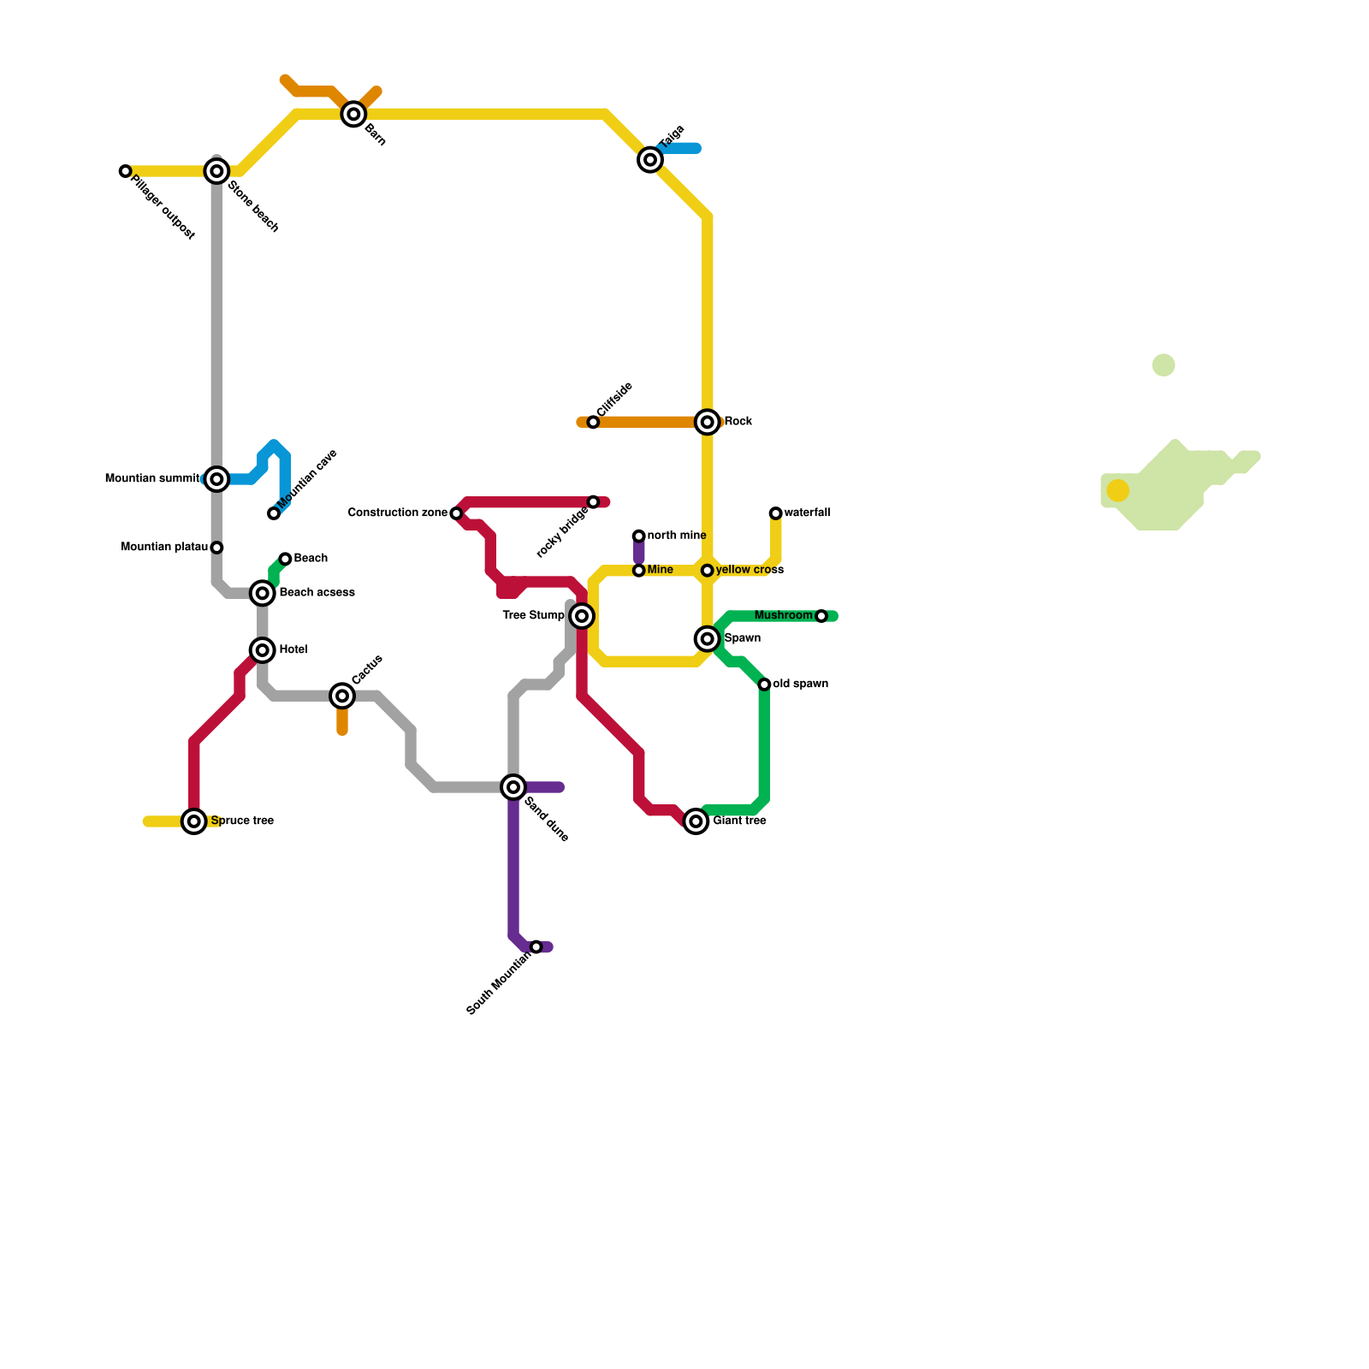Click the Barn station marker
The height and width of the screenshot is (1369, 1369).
click(x=353, y=114)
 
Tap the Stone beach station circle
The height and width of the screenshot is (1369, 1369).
click(x=217, y=171)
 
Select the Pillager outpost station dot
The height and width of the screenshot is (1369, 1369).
click(x=126, y=171)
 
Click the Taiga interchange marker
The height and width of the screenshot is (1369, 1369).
click(x=650, y=160)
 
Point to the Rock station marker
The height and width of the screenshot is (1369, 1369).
click(x=708, y=422)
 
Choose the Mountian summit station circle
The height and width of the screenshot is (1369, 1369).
click(x=217, y=479)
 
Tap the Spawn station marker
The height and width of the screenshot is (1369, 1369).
click(x=708, y=639)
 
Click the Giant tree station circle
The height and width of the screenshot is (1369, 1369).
click(x=696, y=821)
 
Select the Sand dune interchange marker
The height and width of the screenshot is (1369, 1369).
click(x=513, y=787)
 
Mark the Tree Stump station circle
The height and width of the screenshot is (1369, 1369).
click(x=582, y=616)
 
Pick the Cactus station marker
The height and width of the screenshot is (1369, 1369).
click(x=342, y=696)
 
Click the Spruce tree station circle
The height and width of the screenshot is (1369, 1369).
click(x=195, y=821)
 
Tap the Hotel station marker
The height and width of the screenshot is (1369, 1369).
click(x=263, y=650)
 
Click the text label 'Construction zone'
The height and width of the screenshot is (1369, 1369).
click(x=397, y=513)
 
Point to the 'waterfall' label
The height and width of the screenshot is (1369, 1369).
click(x=807, y=513)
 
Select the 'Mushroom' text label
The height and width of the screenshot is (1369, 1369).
click(x=783, y=616)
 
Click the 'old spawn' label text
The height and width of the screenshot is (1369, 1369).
click(x=800, y=684)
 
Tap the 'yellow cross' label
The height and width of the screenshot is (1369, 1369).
click(x=750, y=570)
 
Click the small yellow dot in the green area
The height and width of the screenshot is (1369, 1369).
click(x=1117, y=490)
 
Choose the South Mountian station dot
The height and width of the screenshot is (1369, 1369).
click(x=536, y=947)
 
